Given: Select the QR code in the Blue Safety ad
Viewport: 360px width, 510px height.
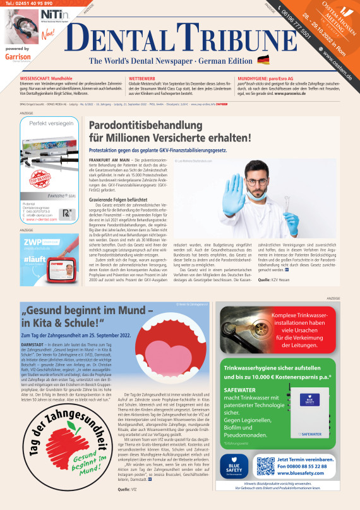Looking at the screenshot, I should tap(265, 466).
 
